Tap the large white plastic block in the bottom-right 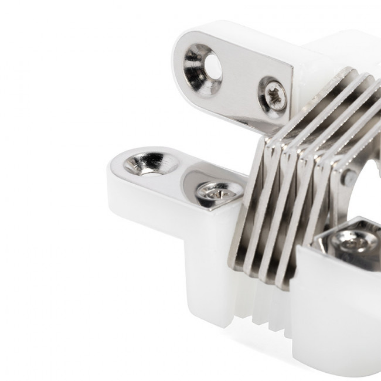[x=334, y=311]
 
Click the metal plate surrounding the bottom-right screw [x=328, y=232]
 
